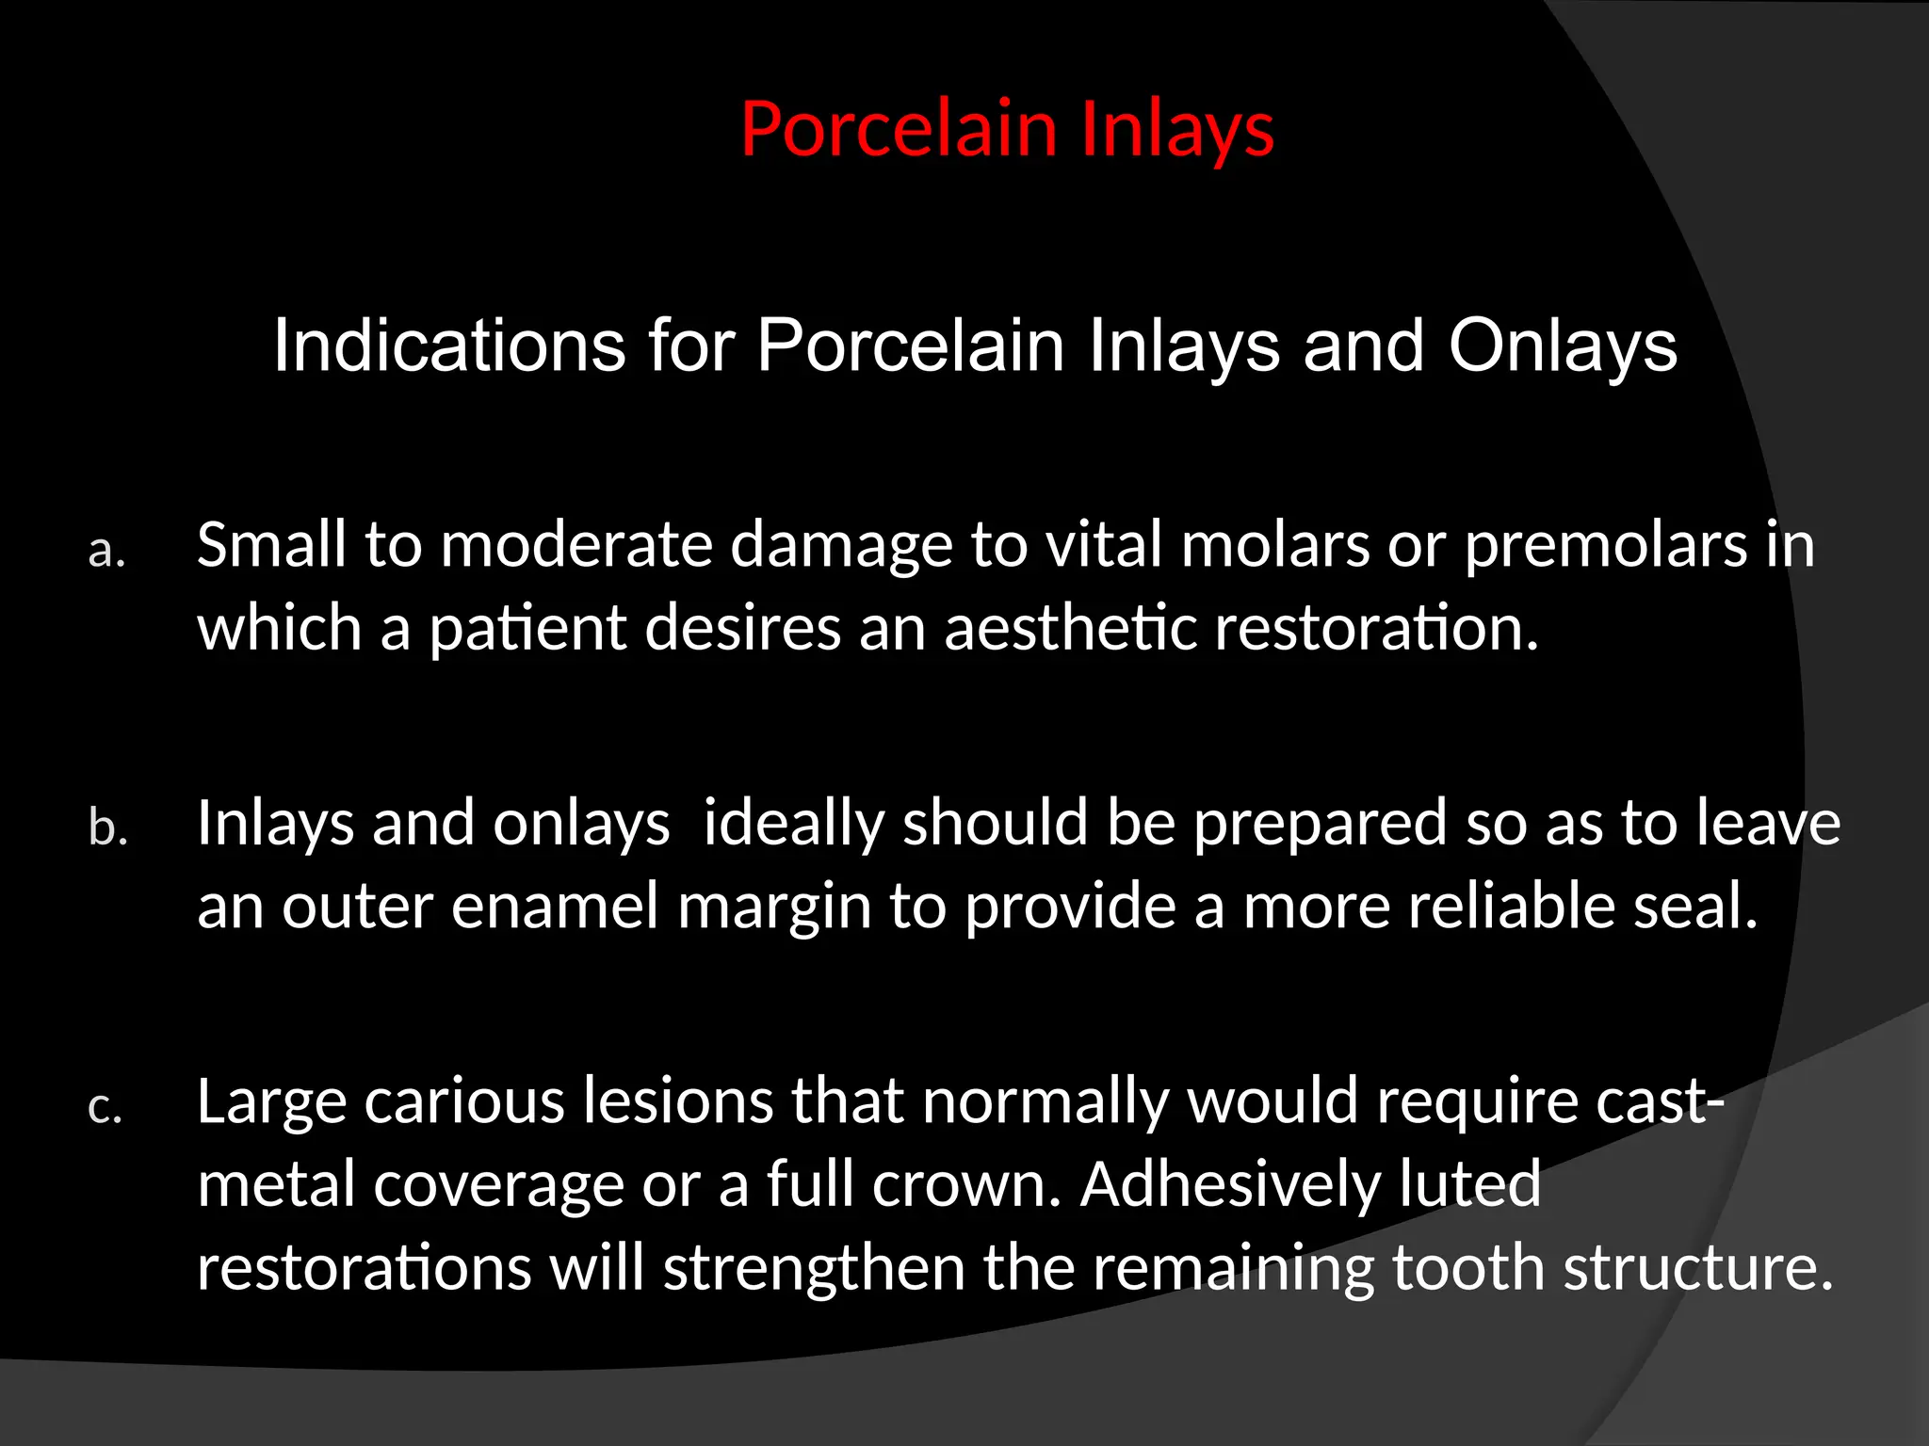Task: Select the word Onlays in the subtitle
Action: click(x=1563, y=345)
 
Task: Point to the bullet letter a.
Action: click(x=106, y=551)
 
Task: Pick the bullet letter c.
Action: click(x=105, y=1107)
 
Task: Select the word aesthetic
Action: click(x=1069, y=627)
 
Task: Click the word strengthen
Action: click(x=814, y=1268)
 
